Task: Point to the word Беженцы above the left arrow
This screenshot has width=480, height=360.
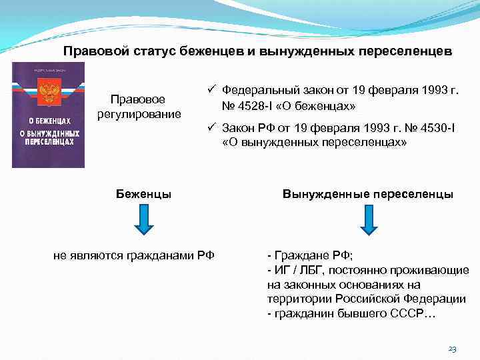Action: (143, 194)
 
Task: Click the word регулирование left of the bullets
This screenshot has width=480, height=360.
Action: (138, 113)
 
